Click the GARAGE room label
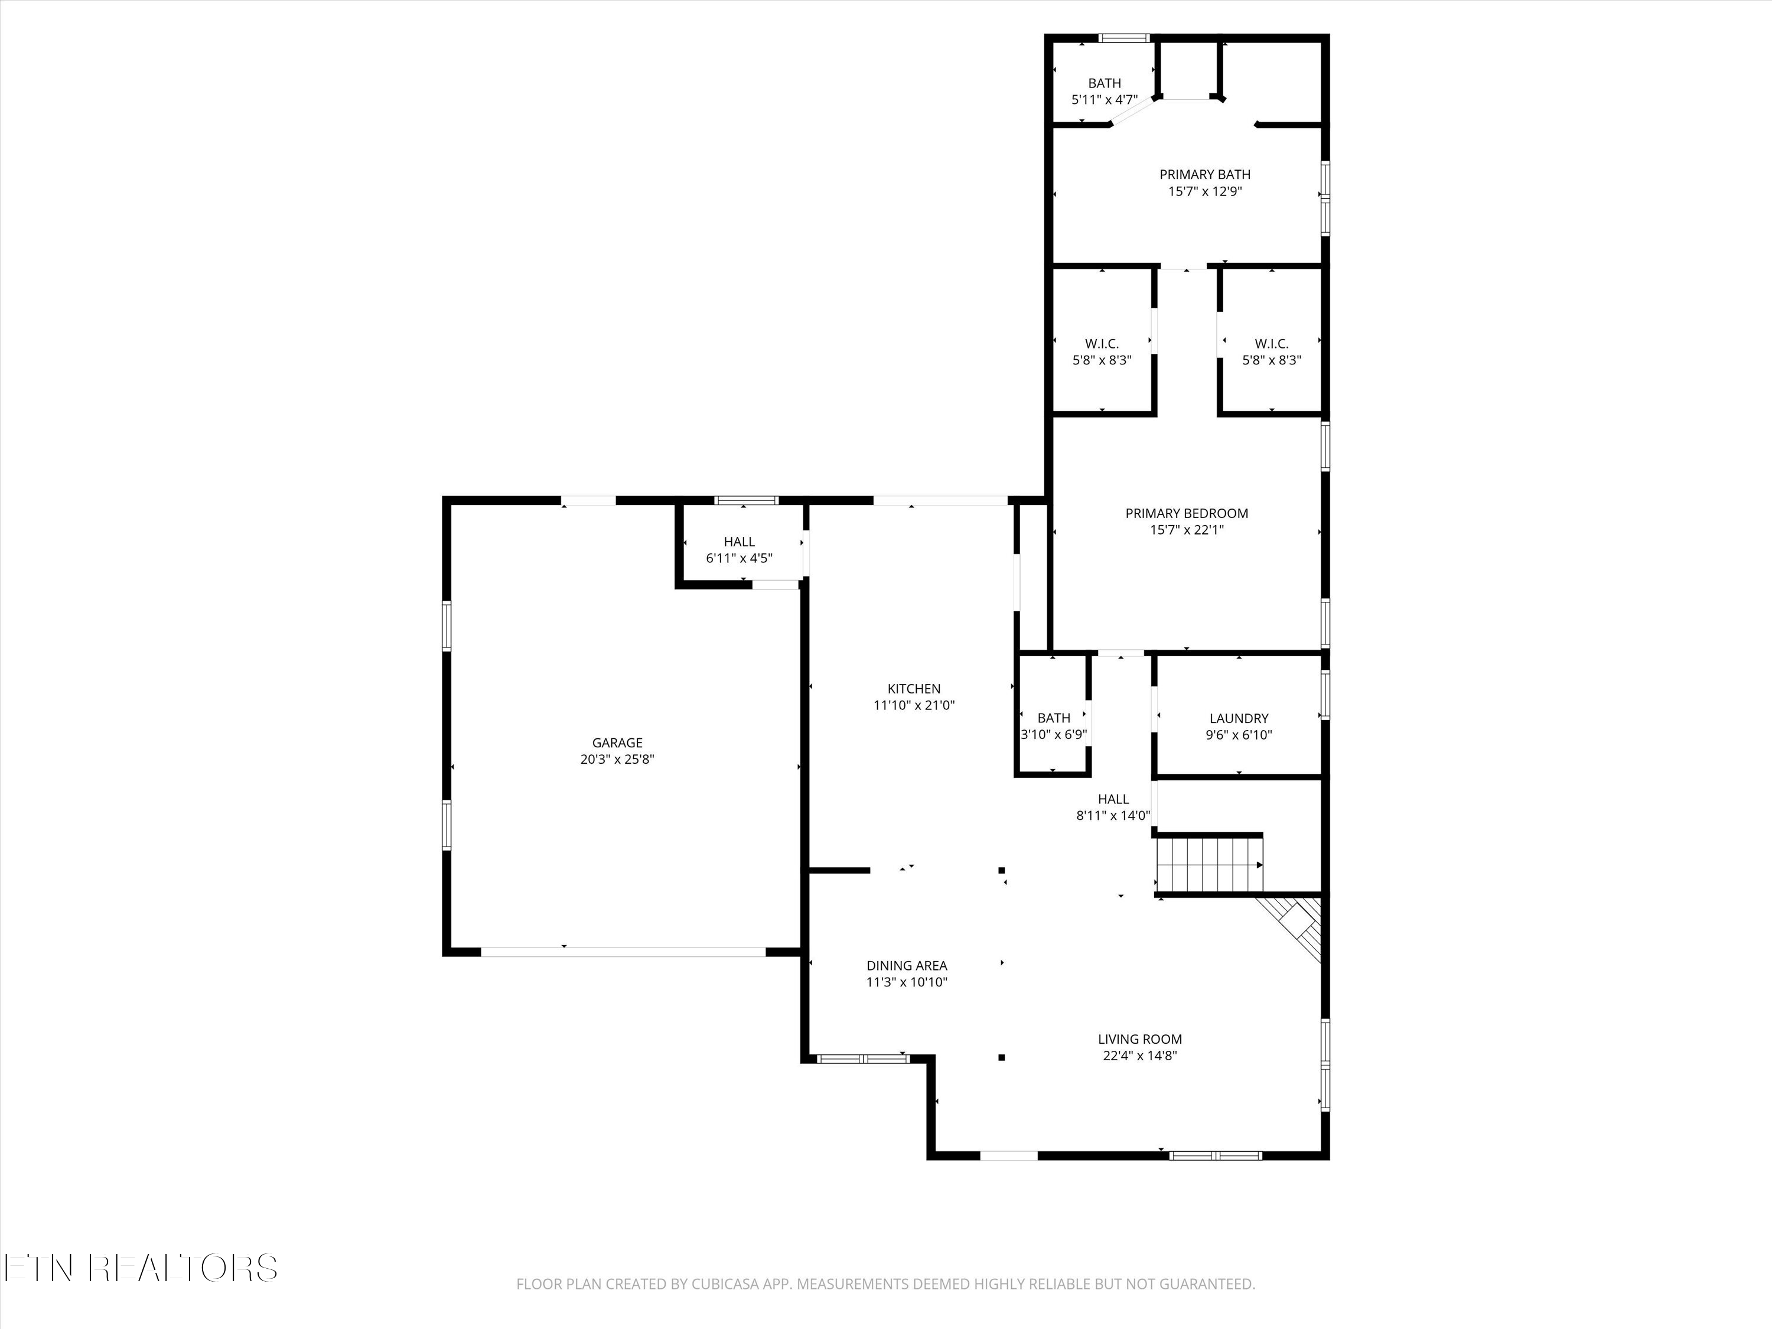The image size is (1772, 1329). coord(617,742)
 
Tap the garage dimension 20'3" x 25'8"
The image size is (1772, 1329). coord(617,760)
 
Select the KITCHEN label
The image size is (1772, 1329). coord(913,688)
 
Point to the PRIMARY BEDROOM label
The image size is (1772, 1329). coord(1187,513)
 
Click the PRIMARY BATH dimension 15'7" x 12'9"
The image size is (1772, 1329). coord(1205,191)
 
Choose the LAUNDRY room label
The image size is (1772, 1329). coord(1239,719)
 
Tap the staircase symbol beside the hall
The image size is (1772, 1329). coord(1208,864)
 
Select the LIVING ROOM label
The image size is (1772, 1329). coord(1139,1039)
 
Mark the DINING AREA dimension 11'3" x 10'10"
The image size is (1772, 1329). coord(906,982)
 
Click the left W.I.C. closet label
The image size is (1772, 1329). coord(1102,344)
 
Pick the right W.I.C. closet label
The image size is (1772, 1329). coord(1271,344)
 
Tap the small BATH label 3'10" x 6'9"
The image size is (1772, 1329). coord(1053,718)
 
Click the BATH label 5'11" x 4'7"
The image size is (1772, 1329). coord(1104,83)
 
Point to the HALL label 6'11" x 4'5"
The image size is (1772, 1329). coord(738,542)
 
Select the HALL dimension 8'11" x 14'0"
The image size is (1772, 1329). coord(1113,816)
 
